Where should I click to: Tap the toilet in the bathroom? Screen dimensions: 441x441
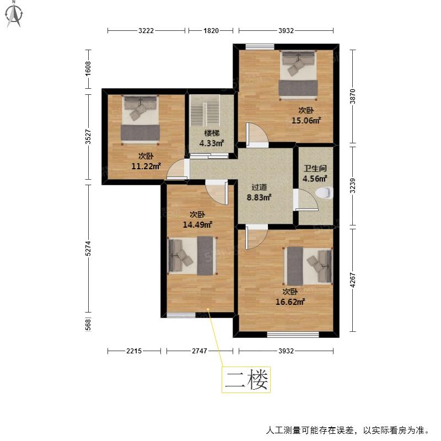coord(324,193)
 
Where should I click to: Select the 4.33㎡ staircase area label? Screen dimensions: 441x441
coord(212,143)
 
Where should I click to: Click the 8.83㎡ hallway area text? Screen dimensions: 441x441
coord(259,197)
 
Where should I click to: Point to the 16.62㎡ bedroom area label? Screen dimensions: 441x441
coord(291,302)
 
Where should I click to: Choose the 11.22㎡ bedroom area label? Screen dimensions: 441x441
coord(146,166)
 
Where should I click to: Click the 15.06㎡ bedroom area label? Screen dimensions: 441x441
coord(306,120)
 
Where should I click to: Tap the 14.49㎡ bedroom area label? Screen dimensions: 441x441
coord(197,225)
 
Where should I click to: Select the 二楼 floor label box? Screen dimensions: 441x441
coord(246,380)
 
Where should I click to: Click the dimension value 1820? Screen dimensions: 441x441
coord(211,30)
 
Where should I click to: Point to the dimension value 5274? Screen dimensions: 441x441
coord(88,249)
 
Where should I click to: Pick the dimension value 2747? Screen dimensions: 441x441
coord(200,351)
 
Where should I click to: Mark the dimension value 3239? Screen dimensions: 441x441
coord(353,186)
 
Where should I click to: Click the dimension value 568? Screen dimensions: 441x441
coord(88,325)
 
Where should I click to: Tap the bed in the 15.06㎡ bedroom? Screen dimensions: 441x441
coord(298,75)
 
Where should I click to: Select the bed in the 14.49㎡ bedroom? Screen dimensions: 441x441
coord(192,256)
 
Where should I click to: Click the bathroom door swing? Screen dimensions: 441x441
coord(306,200)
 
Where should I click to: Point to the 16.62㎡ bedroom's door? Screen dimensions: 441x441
coord(256,238)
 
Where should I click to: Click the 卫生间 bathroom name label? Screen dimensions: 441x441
coord(315,169)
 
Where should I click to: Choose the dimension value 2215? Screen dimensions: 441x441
coord(134,351)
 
